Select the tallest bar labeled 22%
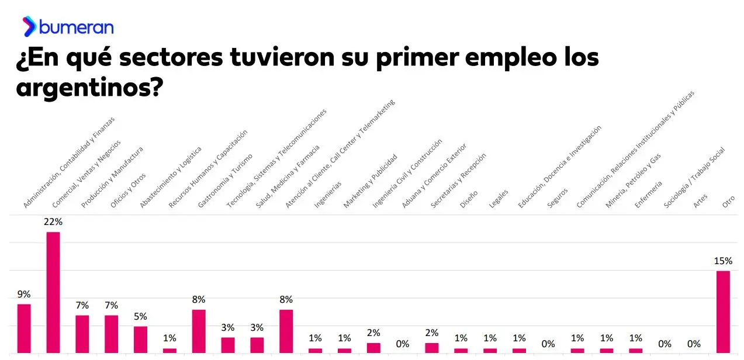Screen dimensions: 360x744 (x=53, y=292)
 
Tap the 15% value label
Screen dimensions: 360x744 (x=723, y=261)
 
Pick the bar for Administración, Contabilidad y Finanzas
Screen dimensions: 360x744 (x=24, y=328)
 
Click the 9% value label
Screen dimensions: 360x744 (x=24, y=295)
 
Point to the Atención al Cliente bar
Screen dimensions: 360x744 (x=286, y=331)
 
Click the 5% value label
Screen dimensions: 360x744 (x=140, y=317)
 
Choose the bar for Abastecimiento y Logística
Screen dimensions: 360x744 (x=140, y=339)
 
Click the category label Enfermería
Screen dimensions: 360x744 (x=648, y=195)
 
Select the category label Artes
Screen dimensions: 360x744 (x=700, y=201)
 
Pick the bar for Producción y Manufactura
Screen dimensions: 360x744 (x=82, y=334)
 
